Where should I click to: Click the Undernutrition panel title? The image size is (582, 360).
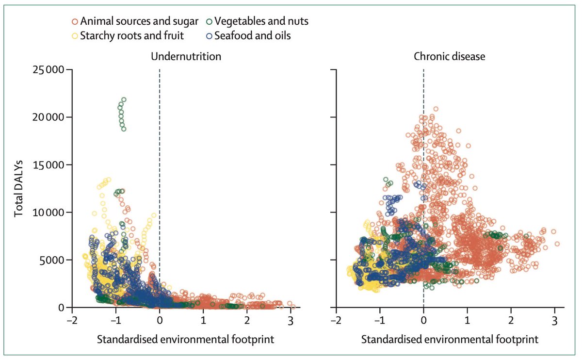[x=186, y=56]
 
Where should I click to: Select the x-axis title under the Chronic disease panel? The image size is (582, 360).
[x=450, y=338]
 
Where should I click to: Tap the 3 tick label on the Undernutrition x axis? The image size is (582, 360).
[x=290, y=320]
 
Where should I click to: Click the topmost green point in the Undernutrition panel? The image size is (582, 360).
[x=124, y=100]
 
